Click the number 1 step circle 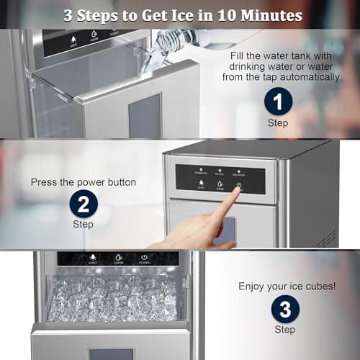click(x=278, y=102)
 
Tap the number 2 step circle click(x=84, y=204)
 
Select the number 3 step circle click(x=285, y=310)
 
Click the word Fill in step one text click(x=239, y=55)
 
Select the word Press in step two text click(x=45, y=182)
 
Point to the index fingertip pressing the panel click(x=238, y=192)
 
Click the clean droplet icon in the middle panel click(x=220, y=184)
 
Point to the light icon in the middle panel click(x=200, y=184)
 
